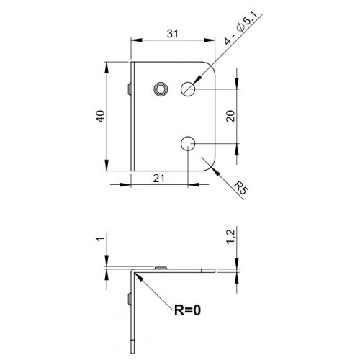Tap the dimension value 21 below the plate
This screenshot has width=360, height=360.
(x=160, y=178)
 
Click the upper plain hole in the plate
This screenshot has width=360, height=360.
(x=189, y=89)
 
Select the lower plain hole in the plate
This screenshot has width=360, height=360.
(x=189, y=143)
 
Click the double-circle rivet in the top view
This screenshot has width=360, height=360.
(x=160, y=89)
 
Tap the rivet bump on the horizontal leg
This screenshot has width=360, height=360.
(x=160, y=268)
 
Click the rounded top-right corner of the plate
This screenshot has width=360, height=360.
(x=212, y=67)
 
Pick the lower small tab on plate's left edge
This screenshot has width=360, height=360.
(x=128, y=148)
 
